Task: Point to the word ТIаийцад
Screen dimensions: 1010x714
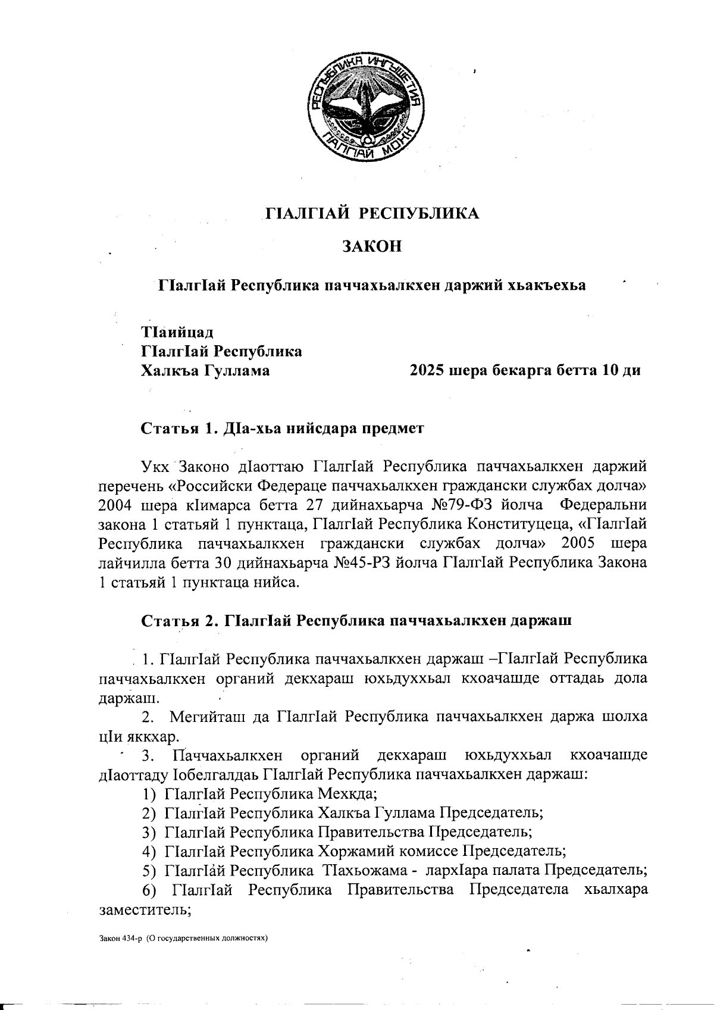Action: pos(177,331)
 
